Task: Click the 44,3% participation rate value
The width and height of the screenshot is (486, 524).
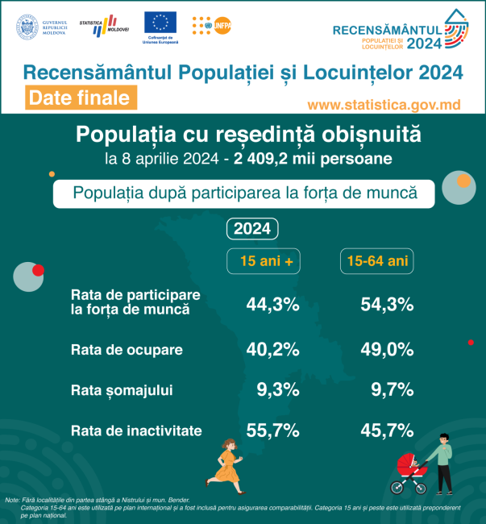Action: tap(272, 304)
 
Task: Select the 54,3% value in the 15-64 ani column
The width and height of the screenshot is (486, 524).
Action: tap(386, 304)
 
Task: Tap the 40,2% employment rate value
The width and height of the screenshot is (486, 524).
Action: tap(272, 349)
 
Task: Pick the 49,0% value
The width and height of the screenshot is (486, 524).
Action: tap(386, 349)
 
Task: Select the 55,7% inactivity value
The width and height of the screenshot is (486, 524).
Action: tap(272, 430)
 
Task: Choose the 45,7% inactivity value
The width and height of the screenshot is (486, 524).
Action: tap(386, 430)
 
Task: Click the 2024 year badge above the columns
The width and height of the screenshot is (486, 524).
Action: tap(252, 229)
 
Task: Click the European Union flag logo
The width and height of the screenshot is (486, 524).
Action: tap(161, 24)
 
